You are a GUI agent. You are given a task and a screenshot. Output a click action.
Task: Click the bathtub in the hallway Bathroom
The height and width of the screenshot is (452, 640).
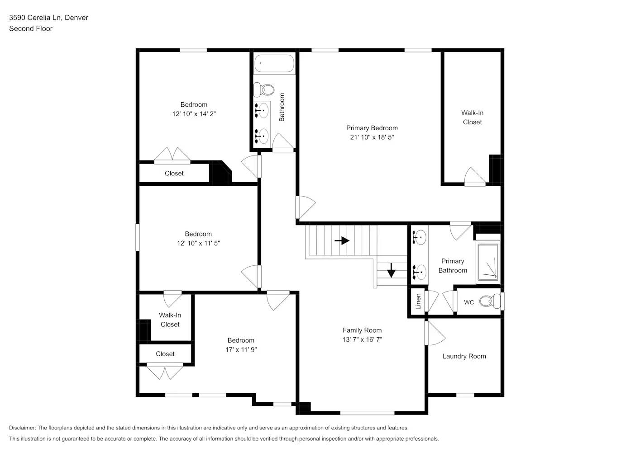(274, 63)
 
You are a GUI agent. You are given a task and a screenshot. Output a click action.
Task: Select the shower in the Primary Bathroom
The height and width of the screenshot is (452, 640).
(487, 262)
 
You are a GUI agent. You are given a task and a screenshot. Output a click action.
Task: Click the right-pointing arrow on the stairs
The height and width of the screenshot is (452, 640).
(342, 240)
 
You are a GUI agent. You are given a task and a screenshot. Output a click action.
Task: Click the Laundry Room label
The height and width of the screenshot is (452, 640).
(464, 356)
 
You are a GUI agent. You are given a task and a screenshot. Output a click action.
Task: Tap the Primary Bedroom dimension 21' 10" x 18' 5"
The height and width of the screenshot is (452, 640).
(372, 137)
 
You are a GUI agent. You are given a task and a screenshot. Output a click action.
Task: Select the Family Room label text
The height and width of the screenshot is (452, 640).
(362, 330)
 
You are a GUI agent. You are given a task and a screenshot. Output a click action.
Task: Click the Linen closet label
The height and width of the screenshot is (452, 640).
(418, 301)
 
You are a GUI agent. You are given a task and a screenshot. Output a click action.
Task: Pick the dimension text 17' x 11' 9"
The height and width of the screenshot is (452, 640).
(241, 349)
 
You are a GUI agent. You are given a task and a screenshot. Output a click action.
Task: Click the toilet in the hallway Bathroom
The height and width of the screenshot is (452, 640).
(264, 89)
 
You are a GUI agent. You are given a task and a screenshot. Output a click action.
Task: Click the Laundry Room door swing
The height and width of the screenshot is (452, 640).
(434, 334)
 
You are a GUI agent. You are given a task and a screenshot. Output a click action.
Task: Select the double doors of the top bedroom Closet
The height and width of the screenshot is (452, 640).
(172, 155)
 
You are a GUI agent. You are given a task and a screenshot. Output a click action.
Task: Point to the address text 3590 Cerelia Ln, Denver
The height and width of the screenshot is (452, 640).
(48, 18)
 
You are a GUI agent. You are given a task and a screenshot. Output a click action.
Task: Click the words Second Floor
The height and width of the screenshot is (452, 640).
(31, 28)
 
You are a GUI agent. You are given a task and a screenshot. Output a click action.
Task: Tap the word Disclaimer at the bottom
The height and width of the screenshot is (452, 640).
(22, 428)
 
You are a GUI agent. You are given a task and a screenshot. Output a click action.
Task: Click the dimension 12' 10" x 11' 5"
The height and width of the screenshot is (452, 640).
(198, 243)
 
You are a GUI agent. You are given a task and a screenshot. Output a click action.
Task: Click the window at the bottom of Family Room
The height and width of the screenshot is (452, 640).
(367, 412)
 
